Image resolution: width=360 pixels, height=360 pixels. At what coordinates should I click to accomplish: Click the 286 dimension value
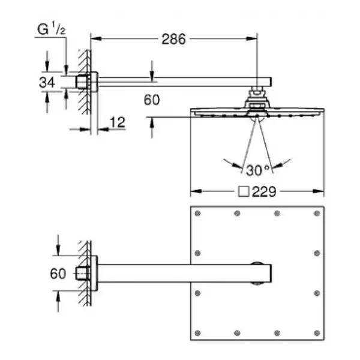coord(173,39)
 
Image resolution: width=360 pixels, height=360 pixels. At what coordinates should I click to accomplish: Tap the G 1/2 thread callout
coord(52,28)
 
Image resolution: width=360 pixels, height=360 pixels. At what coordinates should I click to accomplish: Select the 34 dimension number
coord(47,82)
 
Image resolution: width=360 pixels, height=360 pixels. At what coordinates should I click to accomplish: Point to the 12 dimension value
coord(118,122)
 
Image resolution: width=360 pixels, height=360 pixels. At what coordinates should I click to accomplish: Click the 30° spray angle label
coord(257,170)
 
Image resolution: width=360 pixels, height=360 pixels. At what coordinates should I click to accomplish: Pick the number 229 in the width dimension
coord(264,191)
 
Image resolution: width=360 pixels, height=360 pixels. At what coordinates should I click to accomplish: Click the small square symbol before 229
coord(244,191)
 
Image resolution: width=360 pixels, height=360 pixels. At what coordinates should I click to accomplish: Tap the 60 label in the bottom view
coord(58,274)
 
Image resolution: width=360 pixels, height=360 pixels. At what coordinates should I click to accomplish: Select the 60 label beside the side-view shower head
coord(152,100)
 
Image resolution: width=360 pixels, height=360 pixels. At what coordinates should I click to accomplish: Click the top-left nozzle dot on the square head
coord(197,214)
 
